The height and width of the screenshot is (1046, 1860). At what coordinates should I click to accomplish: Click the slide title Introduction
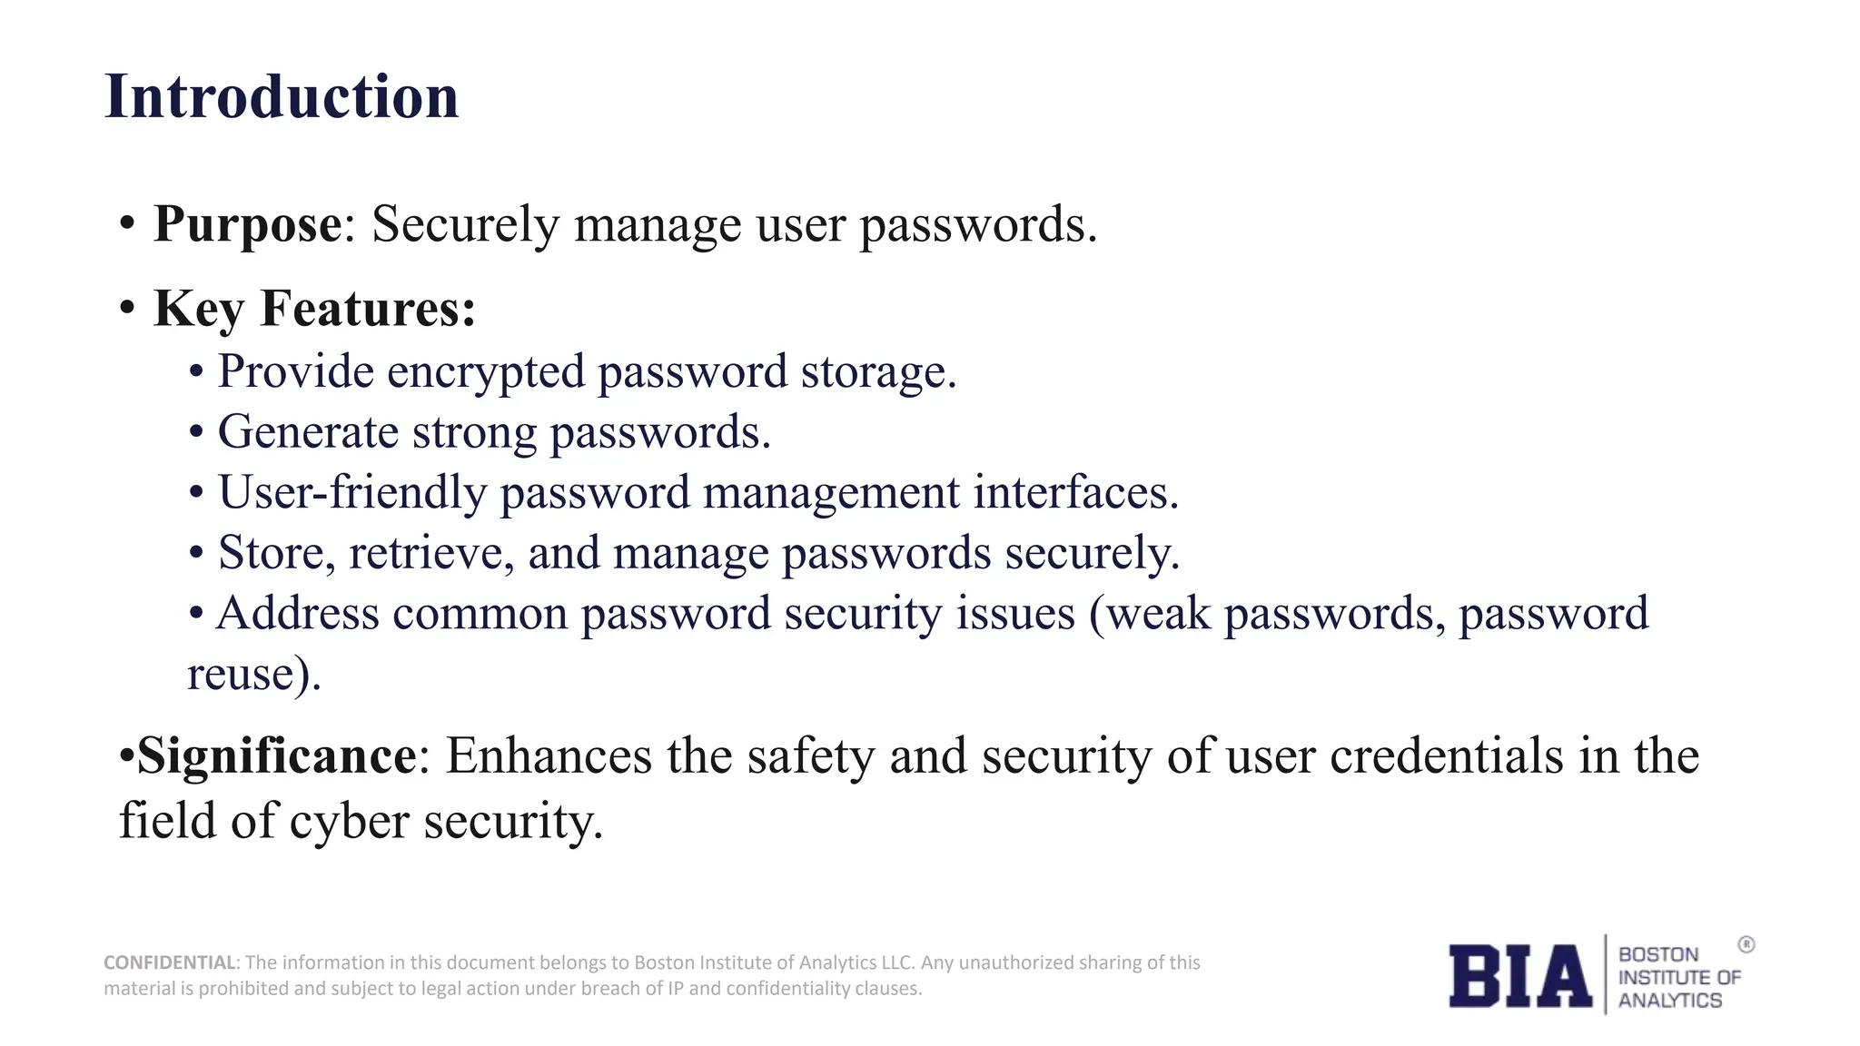282,96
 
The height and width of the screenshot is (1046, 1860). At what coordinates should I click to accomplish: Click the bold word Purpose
247,223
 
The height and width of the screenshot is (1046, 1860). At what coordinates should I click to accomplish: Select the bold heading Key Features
314,308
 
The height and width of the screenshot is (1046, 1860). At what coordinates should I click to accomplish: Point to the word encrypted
485,372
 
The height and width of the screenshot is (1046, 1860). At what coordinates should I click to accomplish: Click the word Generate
308,431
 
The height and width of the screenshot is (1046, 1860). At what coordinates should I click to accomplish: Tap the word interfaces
1075,492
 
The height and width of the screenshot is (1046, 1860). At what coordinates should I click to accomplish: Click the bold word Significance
276,755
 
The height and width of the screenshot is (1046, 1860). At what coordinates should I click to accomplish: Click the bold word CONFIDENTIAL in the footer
170,962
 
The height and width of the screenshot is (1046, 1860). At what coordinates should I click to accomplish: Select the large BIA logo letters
1519,976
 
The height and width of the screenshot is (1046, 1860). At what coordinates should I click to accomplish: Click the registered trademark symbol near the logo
1746,945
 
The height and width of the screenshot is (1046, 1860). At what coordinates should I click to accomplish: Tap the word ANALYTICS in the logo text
1669,1001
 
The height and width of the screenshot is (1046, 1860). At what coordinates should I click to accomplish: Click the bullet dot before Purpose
127,223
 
